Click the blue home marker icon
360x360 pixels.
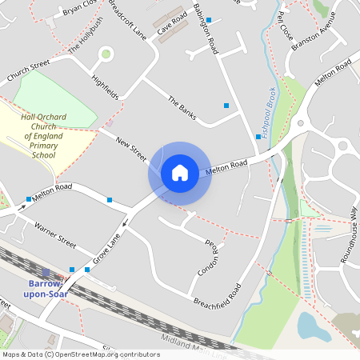(180, 172)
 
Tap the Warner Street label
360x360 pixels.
(55, 235)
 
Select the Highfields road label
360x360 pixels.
(105, 88)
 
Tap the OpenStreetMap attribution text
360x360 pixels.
(81, 354)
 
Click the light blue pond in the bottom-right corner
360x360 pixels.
(311, 326)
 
